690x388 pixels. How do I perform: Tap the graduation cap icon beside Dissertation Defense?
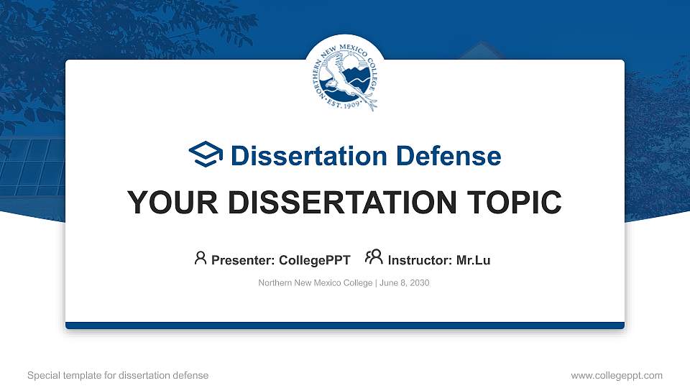pos(206,155)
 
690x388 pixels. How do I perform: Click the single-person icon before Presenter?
pos(201,258)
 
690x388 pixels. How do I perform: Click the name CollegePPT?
pos(314,260)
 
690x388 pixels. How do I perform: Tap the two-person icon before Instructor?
pos(374,257)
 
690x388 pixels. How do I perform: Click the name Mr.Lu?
pos(473,260)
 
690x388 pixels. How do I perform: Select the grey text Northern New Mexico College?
pos(315,283)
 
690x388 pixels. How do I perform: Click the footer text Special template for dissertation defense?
pos(117,375)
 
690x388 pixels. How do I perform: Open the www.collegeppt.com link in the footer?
pos(616,375)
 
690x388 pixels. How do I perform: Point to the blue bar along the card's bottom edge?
pos(345,325)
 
